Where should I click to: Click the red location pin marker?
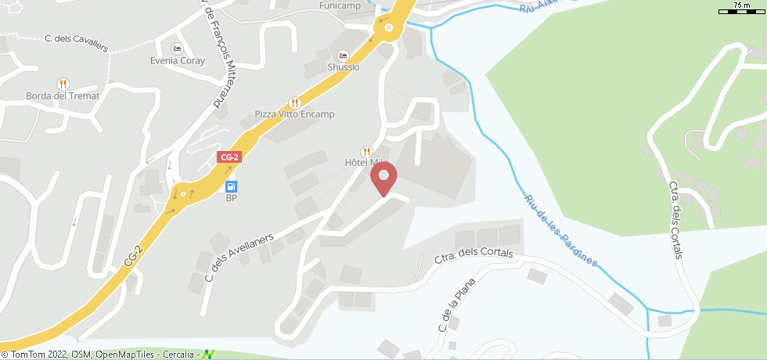(x=383, y=178)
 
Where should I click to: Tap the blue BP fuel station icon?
(x=231, y=186)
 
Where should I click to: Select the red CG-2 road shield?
(x=229, y=157)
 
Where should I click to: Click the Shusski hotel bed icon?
(x=343, y=56)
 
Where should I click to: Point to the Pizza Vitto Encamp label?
(x=294, y=114)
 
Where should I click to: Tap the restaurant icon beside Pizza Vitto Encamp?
(x=294, y=102)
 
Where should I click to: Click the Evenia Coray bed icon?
(x=177, y=49)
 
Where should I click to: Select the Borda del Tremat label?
(x=63, y=96)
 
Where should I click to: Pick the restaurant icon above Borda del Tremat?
(x=63, y=84)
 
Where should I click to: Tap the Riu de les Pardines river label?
(x=561, y=231)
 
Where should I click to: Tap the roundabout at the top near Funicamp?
(x=387, y=30)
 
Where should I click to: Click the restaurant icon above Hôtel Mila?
(x=365, y=151)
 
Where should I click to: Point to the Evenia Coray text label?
(x=177, y=61)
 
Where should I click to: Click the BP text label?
(x=231, y=199)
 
